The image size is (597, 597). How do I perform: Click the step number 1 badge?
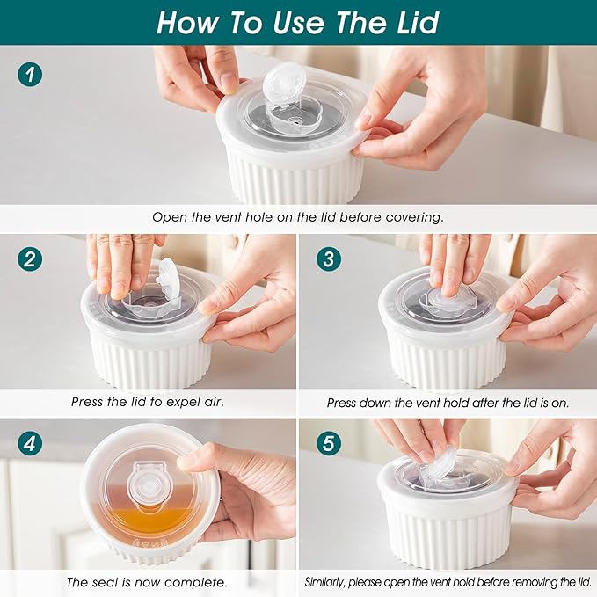30,74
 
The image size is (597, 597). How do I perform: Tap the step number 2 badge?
30,260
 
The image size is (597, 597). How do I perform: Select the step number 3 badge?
328,260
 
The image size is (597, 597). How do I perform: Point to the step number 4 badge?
30,444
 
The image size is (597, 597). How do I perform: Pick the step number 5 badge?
328,444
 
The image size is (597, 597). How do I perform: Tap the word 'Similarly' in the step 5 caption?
330,582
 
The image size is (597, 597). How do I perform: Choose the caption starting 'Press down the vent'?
448,402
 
